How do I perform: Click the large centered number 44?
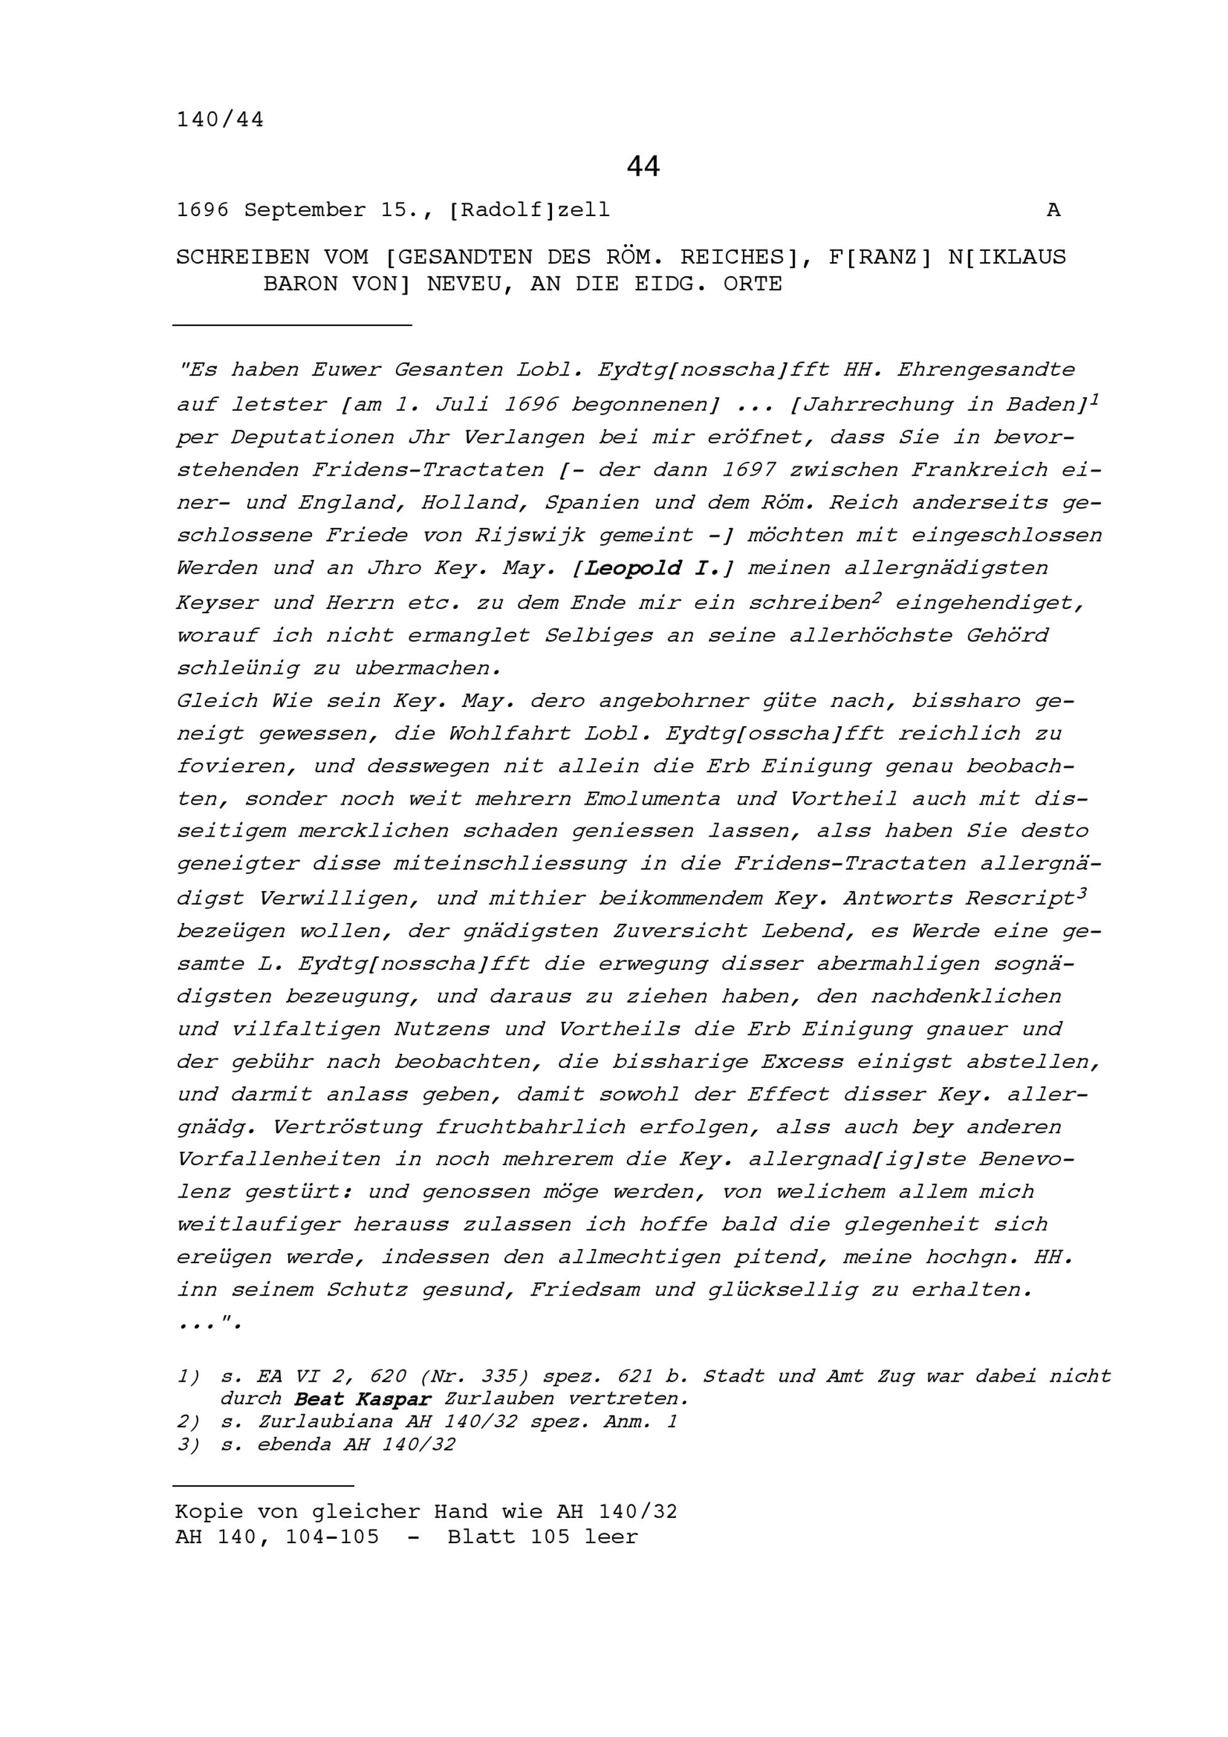click(643, 166)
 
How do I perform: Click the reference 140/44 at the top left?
click(220, 120)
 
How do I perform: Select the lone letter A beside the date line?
click(1053, 211)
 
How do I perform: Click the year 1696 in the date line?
click(203, 211)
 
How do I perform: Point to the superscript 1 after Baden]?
click(1095, 399)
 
